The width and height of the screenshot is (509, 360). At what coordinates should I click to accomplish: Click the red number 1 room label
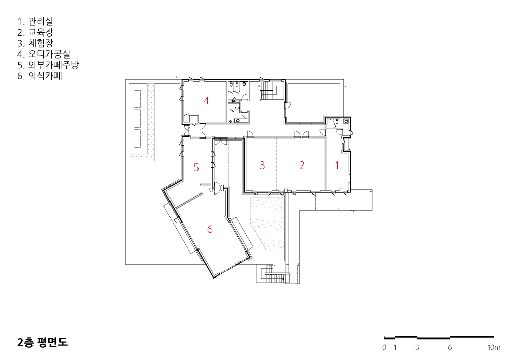tap(337, 165)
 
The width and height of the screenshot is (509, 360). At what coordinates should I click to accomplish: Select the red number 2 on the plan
tap(302, 165)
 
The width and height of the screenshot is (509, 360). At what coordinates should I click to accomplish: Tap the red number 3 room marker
tap(262, 165)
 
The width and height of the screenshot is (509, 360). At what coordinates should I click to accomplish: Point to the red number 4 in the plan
tap(206, 101)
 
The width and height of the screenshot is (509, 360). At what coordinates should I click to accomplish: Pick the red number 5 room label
tap(196, 168)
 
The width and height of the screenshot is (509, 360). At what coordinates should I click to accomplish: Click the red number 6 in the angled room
tap(210, 229)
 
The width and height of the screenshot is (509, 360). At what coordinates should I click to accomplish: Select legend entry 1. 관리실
tap(36, 22)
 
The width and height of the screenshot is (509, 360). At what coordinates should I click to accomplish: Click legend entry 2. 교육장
tap(36, 33)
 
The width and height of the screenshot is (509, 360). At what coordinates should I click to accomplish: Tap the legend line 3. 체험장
tap(36, 43)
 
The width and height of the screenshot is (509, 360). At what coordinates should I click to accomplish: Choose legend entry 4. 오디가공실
tap(44, 54)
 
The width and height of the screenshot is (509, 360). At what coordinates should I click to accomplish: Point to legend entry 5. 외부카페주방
tap(48, 65)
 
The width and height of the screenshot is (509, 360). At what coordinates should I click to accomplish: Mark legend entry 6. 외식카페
tap(40, 76)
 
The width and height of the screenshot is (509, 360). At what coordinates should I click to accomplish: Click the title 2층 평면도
tap(43, 343)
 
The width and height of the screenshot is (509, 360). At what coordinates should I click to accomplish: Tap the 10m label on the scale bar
tap(494, 347)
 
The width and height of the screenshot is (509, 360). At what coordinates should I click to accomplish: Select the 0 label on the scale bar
tap(384, 347)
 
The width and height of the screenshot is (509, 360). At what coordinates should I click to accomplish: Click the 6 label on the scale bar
tap(450, 347)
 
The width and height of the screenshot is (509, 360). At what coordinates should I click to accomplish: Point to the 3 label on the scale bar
tap(417, 347)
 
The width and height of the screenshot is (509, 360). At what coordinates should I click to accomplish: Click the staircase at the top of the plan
tap(268, 91)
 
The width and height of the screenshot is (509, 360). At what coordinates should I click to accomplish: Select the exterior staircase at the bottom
tap(272, 274)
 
